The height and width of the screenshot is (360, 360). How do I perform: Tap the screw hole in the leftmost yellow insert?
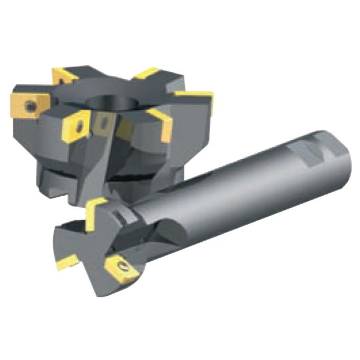point(31,107)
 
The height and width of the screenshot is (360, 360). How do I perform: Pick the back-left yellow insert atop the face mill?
point(63,75)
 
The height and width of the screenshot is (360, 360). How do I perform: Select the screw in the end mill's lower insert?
point(123,267)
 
